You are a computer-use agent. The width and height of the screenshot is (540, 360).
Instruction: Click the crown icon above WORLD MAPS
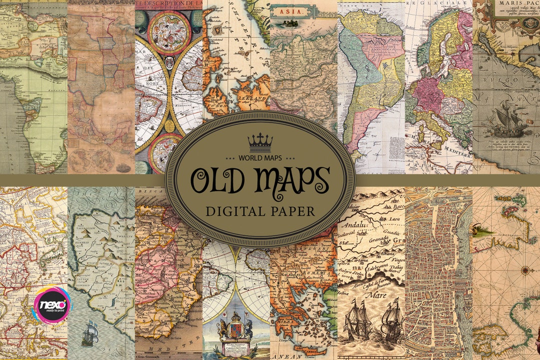(x=260, y=142)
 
